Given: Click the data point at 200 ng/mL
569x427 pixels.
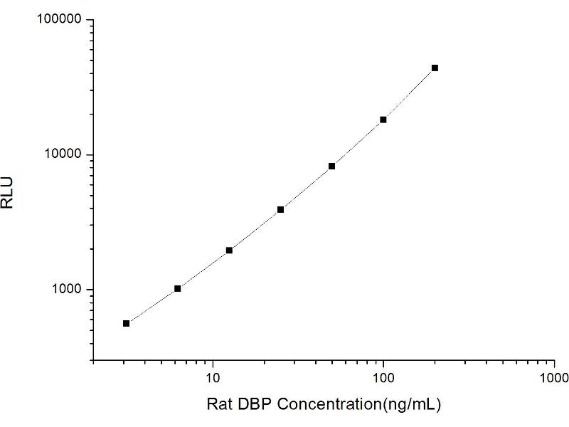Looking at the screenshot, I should pyautogui.click(x=435, y=68).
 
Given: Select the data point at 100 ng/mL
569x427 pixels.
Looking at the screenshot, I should pyautogui.click(x=383, y=120).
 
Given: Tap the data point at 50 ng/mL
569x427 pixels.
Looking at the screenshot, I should pyautogui.click(x=331, y=167).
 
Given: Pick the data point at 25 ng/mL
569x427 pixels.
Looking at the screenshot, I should pyautogui.click(x=280, y=209).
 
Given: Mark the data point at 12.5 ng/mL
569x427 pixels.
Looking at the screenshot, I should pyautogui.click(x=229, y=250).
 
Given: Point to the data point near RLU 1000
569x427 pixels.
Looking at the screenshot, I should pyautogui.click(x=178, y=288).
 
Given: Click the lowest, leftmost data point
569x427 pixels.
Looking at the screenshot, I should pyautogui.click(x=126, y=323).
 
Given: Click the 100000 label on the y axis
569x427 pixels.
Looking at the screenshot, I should pyautogui.click(x=60, y=20).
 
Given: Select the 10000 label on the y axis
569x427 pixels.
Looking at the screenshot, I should pyautogui.click(x=63, y=155).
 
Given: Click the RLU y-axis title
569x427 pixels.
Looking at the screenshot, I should pyautogui.click(x=9, y=192).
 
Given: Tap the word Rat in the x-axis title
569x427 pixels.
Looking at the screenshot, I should pyautogui.click(x=218, y=405).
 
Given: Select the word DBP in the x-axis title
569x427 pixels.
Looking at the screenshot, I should pyautogui.click(x=253, y=405).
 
